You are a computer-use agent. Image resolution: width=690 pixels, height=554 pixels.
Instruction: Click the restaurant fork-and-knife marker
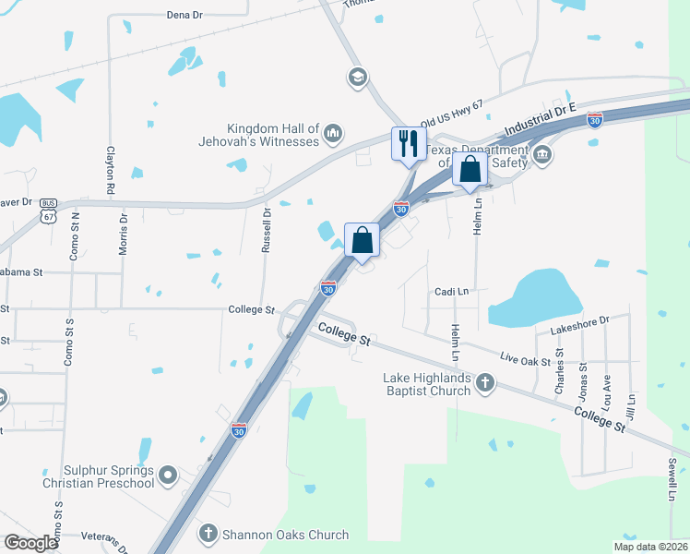pyautogui.click(x=408, y=144)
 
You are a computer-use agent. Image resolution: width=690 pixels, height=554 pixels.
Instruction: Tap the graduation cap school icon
pyautogui.click(x=356, y=77)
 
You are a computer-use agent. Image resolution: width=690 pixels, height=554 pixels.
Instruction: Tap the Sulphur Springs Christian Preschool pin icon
pyautogui.click(x=167, y=476)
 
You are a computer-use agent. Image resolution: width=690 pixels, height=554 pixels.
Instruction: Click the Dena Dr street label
pyautogui.click(x=184, y=15)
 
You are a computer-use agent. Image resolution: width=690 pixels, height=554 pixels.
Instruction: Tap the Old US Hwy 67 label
pyautogui.click(x=452, y=114)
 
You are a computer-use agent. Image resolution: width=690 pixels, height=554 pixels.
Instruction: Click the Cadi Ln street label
pyautogui.click(x=452, y=292)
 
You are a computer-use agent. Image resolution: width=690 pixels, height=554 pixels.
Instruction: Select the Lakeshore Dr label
pyautogui.click(x=580, y=321)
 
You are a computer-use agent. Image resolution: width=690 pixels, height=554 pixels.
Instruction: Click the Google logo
pyautogui.click(x=30, y=543)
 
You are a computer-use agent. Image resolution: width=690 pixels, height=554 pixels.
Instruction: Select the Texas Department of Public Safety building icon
pyautogui.click(x=542, y=153)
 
